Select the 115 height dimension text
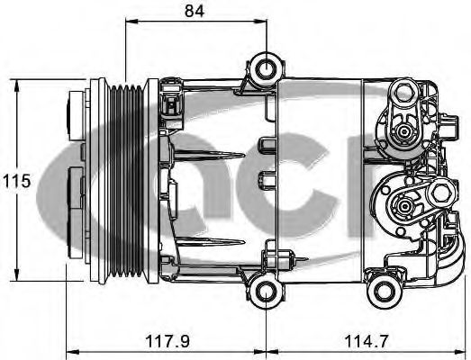point(16,180)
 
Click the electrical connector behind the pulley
point(168,108)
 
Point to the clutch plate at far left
point(74,180)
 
